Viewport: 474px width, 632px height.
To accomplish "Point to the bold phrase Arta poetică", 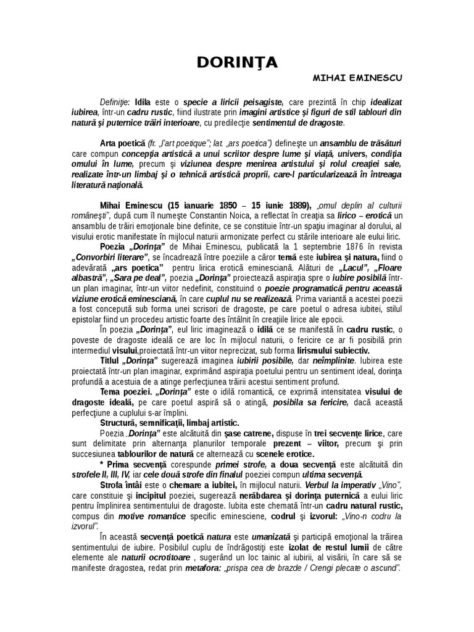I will pos(122,143).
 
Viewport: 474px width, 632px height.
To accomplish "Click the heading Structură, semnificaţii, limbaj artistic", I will pos(169,424).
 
